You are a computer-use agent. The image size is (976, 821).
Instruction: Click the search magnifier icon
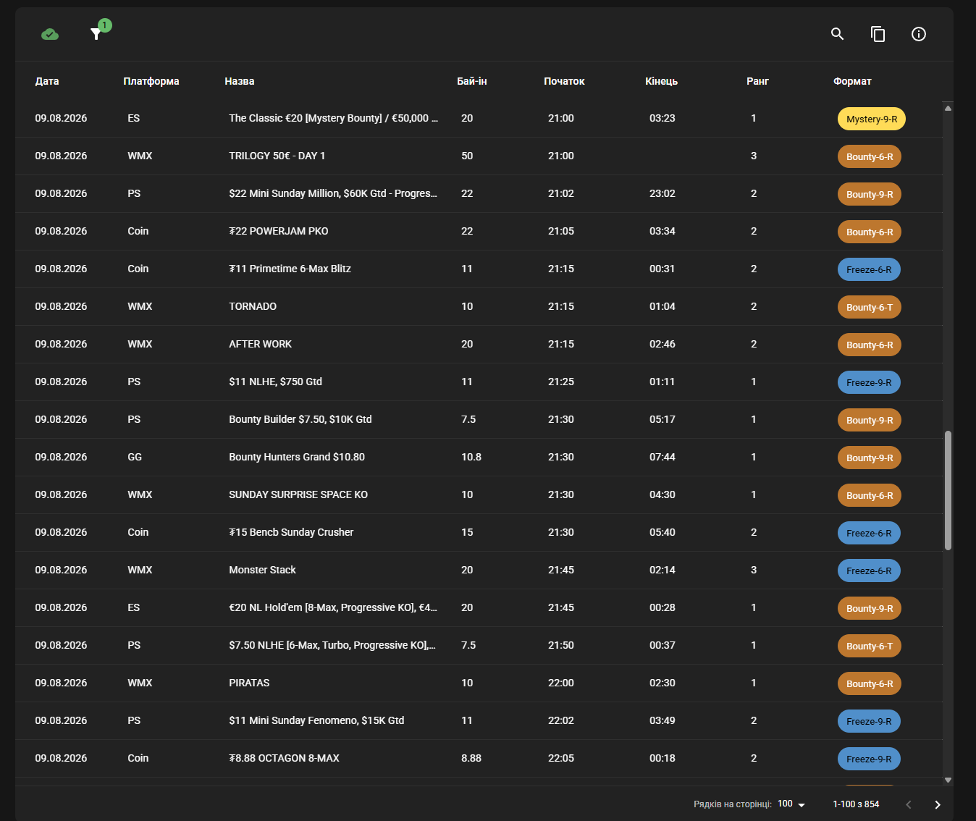(x=837, y=34)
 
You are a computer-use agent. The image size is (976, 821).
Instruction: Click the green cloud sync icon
(x=50, y=34)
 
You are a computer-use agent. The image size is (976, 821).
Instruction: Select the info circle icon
(x=919, y=34)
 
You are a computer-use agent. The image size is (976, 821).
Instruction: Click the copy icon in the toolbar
(x=878, y=34)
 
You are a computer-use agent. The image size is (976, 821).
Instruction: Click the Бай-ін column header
(x=471, y=81)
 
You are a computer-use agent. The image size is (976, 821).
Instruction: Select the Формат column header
(x=852, y=81)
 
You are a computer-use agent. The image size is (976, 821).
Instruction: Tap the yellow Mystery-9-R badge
(x=871, y=119)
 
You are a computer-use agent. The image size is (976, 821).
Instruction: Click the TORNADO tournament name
(x=253, y=307)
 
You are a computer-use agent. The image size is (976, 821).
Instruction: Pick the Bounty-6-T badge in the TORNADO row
(x=869, y=307)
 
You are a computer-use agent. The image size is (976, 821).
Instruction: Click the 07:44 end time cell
(x=662, y=458)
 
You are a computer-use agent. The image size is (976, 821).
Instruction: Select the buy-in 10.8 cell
(x=471, y=458)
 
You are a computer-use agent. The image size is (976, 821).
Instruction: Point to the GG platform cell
(x=135, y=458)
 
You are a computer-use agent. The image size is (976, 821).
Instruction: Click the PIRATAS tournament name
(x=249, y=683)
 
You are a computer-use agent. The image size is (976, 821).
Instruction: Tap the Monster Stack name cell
(x=262, y=570)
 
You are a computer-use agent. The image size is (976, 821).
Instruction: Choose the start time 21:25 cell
(x=561, y=382)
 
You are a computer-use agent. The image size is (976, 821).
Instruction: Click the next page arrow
(x=937, y=804)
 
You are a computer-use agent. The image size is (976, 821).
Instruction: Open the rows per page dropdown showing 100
(x=791, y=804)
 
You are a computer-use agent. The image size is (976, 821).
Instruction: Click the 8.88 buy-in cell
(x=471, y=758)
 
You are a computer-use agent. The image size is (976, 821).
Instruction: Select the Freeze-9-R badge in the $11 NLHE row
(x=869, y=382)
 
